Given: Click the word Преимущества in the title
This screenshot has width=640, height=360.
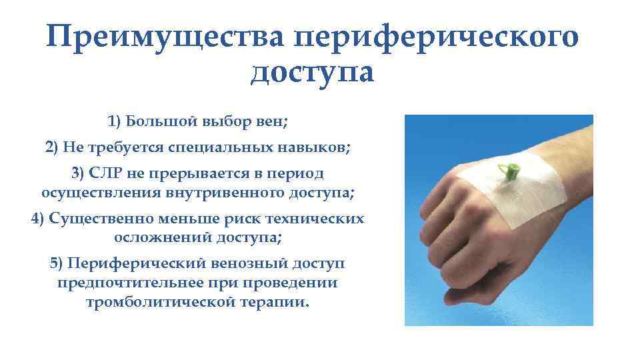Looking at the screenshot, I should tap(166, 37).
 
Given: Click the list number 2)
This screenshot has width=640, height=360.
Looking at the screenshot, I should tap(53, 148).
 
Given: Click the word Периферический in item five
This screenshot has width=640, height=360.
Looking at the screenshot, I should tap(123, 263).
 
